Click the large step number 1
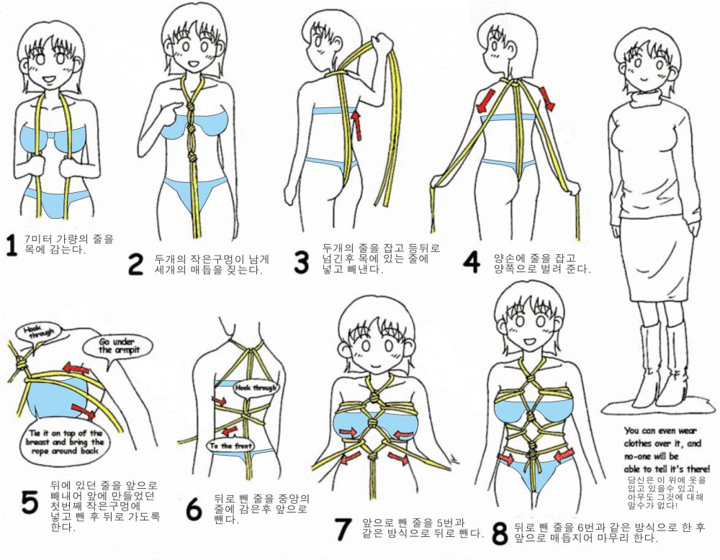click(12, 245)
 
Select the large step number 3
click(301, 262)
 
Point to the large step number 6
click(194, 509)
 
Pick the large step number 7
click(342, 529)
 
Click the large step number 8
click(500, 533)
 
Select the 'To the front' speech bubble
click(230, 446)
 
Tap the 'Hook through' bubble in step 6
click(256, 388)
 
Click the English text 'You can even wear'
click(660, 431)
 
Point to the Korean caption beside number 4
click(541, 263)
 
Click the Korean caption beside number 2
click(212, 264)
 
